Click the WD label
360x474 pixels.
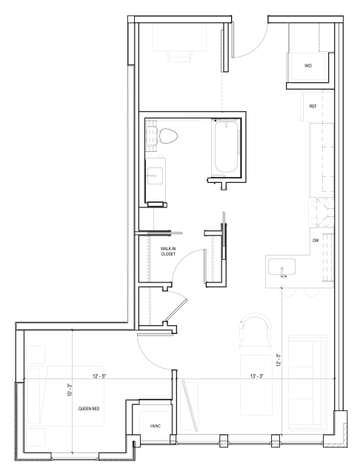[308, 66]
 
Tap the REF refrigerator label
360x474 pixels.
[313, 107]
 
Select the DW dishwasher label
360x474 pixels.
[315, 240]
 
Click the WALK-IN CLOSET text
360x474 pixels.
[169, 252]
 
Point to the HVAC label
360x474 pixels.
[156, 425]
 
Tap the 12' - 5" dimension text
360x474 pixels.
[99, 377]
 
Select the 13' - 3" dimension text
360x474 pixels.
[257, 377]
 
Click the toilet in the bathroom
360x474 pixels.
[167, 136]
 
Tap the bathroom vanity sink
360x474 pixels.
[156, 176]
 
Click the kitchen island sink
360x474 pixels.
[284, 266]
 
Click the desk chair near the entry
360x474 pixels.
[179, 54]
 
